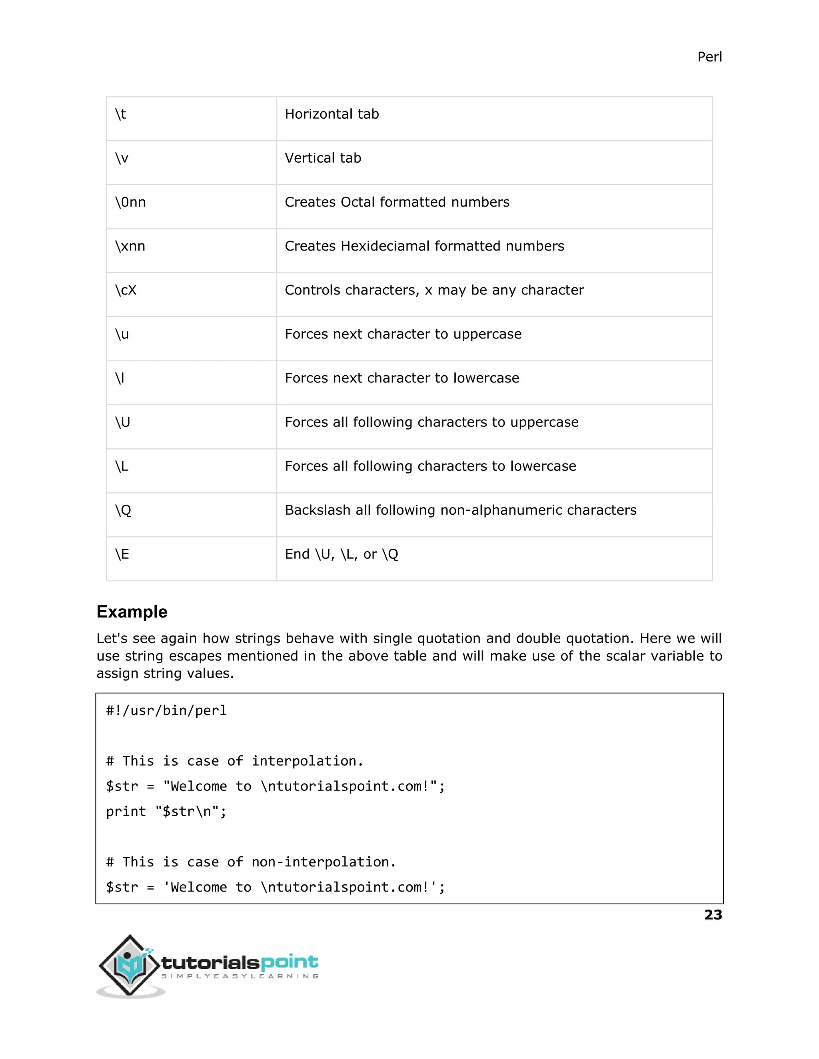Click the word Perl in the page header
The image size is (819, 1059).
click(709, 57)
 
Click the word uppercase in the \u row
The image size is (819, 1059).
click(487, 334)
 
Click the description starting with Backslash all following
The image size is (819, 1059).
click(460, 510)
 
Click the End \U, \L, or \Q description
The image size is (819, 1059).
click(341, 554)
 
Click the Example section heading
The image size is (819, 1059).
click(132, 612)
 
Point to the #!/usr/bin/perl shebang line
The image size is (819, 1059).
click(166, 711)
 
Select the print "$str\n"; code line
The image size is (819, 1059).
click(166, 812)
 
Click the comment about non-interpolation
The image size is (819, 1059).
click(251, 862)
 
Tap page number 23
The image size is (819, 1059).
click(713, 915)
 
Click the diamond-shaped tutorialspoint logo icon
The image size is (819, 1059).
click(129, 965)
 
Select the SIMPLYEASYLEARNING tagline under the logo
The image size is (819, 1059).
click(240, 976)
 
